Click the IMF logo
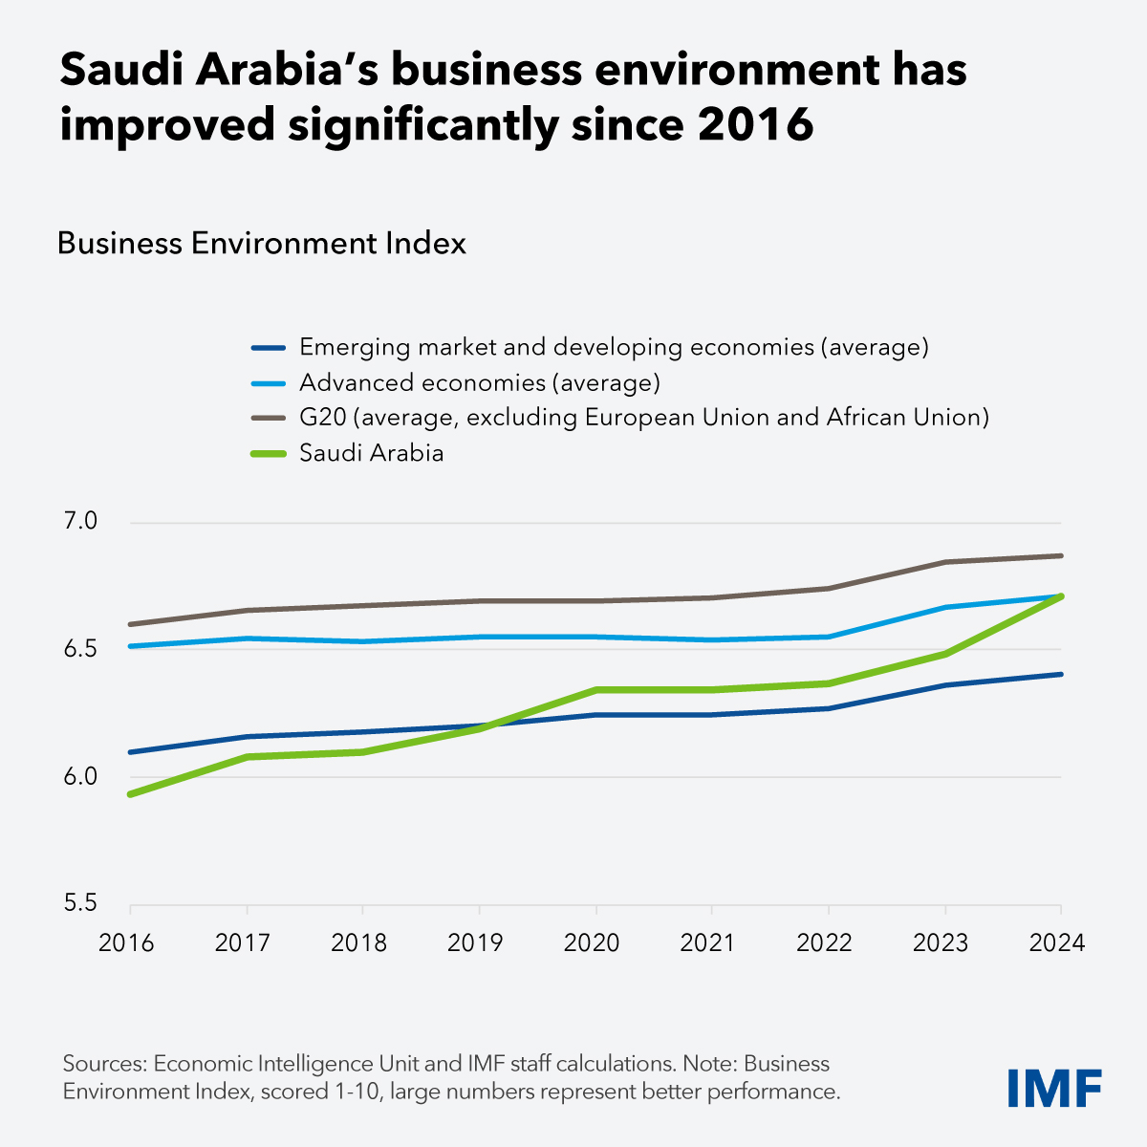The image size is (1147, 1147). coord(1054,1088)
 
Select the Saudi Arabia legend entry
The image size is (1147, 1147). coord(371,453)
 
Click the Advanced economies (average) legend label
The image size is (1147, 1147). coord(479,383)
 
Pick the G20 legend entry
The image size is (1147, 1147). coord(643,418)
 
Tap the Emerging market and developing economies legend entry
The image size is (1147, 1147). coord(614,348)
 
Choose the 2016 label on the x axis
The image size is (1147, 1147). coord(127,943)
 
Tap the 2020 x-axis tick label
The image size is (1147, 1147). coord(592,943)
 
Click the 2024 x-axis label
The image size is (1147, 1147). coord(1057,943)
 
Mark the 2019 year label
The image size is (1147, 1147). coord(475,943)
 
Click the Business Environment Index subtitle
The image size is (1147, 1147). coord(262,244)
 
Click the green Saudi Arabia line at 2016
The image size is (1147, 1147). coord(131,793)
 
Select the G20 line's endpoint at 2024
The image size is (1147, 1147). coord(1061,555)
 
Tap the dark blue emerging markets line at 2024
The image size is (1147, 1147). coord(1061,674)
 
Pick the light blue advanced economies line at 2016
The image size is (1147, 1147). coord(131,646)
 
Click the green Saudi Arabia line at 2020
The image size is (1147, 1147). coord(596,689)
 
